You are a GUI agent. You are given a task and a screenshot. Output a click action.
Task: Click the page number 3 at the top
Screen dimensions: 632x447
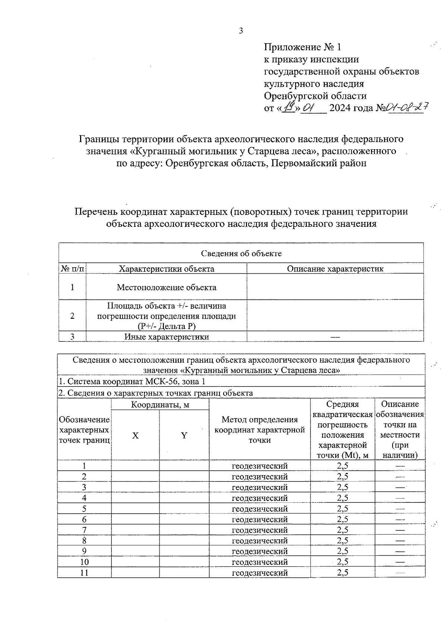click(241, 31)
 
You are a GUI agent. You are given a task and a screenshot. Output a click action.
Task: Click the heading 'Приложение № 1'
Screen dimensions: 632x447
click(302, 47)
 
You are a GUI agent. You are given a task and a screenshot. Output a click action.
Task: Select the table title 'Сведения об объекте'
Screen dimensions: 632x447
click(241, 254)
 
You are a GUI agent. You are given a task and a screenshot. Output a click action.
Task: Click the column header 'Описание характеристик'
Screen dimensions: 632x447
click(335, 269)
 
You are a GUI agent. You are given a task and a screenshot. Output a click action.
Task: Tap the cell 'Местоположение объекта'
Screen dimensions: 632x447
click(166, 287)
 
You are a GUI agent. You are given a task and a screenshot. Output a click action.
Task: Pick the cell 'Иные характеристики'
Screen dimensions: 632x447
click(166, 337)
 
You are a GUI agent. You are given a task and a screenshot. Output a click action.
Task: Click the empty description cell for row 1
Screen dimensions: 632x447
click(335, 287)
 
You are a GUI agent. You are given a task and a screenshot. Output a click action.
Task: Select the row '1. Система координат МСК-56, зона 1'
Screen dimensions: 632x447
click(131, 381)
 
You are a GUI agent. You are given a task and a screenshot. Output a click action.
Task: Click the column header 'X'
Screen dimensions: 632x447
click(135, 435)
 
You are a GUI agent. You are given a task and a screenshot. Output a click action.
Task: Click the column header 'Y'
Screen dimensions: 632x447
click(184, 435)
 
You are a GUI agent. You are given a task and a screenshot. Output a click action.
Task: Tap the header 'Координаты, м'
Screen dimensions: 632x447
click(160, 404)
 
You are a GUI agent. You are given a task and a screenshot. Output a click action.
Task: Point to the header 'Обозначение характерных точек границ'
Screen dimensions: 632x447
click(85, 430)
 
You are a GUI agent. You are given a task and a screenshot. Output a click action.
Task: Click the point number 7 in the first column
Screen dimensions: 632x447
click(85, 530)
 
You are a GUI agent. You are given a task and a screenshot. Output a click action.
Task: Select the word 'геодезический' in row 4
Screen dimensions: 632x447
click(260, 498)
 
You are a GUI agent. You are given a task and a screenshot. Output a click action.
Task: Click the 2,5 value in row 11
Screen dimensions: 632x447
click(342, 573)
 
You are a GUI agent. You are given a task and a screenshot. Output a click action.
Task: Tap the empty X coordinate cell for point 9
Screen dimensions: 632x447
click(135, 551)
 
